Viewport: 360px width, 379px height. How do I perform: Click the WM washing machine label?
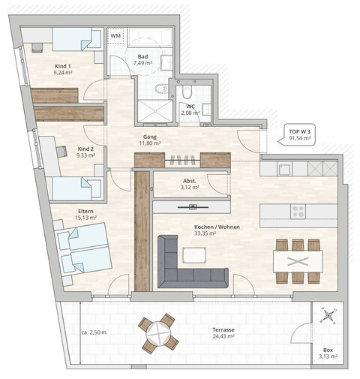116,35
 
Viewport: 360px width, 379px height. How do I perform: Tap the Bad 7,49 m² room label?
142,61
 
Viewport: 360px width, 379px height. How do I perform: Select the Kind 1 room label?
64,71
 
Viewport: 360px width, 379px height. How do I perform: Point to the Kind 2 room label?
85,152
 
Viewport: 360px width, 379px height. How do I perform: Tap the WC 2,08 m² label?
191,110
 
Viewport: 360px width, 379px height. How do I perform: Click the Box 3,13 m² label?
328,353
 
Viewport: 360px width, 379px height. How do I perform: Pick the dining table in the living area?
298,261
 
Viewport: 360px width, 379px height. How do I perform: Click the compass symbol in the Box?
328,317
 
